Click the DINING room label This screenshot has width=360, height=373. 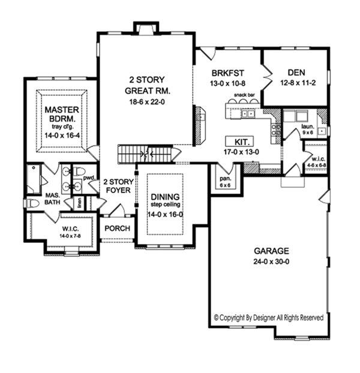click(164, 197)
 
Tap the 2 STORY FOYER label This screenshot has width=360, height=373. click(117, 186)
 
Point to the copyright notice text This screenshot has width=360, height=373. click(269, 317)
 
